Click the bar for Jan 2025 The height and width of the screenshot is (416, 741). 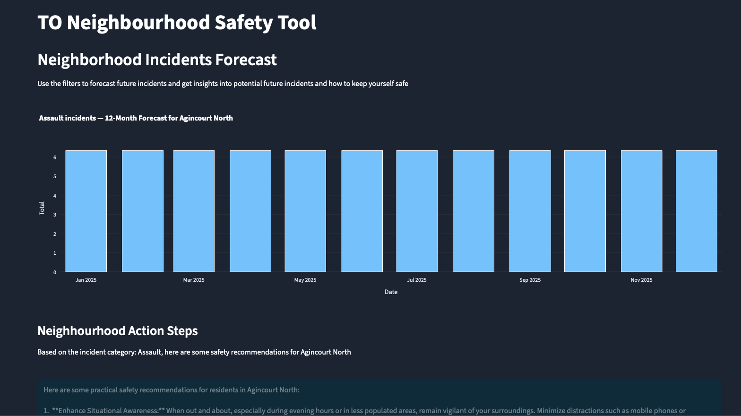pos(86,211)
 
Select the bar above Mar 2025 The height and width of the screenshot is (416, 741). pos(194,211)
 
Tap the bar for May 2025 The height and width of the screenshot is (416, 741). pos(305,211)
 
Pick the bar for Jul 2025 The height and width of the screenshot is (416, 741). pos(417,211)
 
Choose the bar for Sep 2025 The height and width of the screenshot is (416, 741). pos(530,211)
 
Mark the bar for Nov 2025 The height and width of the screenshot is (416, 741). pos(641,211)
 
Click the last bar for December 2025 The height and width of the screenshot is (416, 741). pos(696,211)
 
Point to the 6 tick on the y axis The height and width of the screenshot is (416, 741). pos(55,157)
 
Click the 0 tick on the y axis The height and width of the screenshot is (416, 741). pos(55,272)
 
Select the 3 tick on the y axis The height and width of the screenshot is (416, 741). pos(55,215)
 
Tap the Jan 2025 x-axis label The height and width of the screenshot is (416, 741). pos(86,280)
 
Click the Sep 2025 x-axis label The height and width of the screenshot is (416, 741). pos(530,280)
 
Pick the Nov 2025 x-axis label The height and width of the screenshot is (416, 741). pos(641,280)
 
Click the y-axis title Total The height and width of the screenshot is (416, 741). pos(42,208)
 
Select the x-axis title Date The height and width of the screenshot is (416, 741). pos(391,292)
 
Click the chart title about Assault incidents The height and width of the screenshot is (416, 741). pos(136,118)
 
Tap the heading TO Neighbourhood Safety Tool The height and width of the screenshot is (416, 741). pos(177,23)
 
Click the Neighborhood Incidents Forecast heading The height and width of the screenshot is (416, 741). pos(157,60)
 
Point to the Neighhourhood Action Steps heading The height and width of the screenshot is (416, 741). pos(117,331)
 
